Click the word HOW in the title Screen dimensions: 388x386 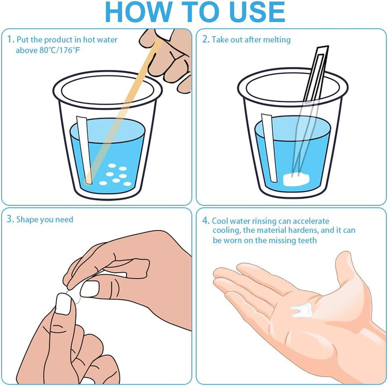pos(138,12)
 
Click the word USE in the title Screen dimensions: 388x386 pos(257,12)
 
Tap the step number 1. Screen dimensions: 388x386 pos(10,39)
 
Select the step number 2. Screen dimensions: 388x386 pos(206,39)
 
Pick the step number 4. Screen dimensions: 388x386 pos(206,220)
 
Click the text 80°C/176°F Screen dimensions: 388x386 pos(60,50)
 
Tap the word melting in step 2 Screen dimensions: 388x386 pos(276,40)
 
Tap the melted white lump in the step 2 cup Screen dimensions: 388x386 pos(296,180)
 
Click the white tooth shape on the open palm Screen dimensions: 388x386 pos(301,311)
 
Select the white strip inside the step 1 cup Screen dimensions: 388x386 pos(84,150)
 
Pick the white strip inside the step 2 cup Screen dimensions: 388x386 pos(269,148)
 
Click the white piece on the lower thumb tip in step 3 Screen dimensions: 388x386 pos(64,304)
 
